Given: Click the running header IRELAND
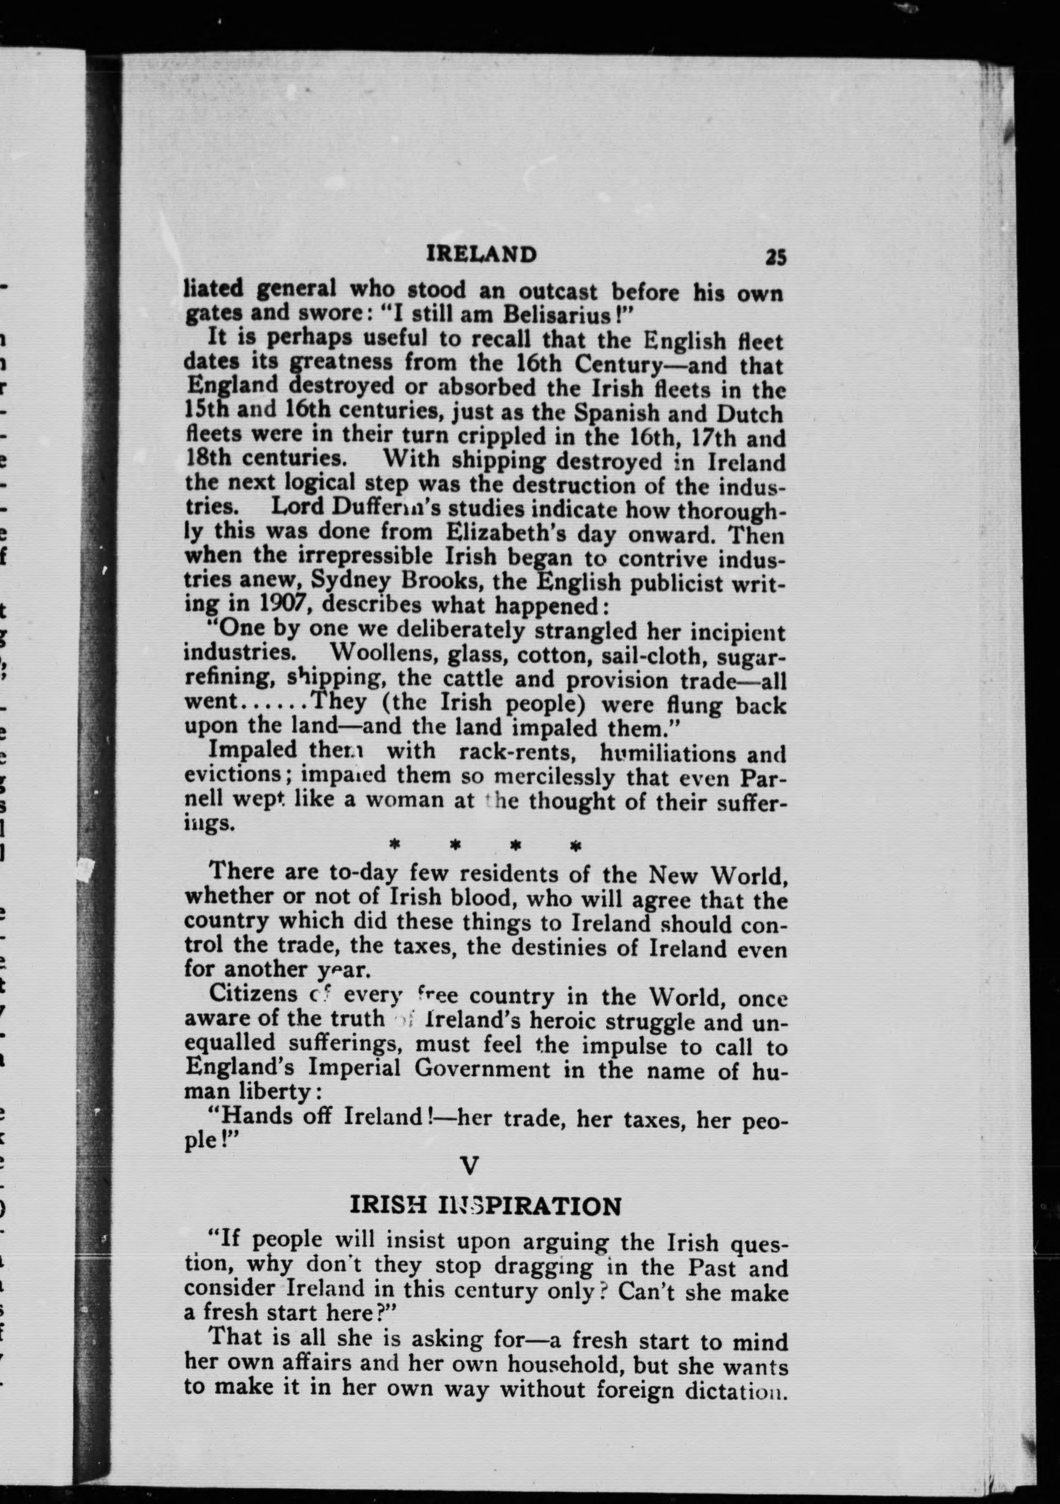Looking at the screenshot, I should point(482,254).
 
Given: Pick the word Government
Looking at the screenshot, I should point(483,1069).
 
